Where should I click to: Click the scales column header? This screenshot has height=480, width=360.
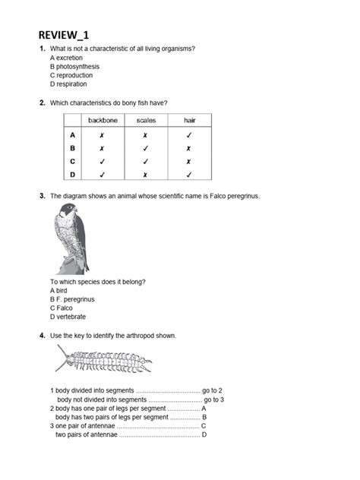[146, 120]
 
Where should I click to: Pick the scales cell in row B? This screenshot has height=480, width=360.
[146, 148]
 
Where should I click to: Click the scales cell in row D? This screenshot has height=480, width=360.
[146, 175]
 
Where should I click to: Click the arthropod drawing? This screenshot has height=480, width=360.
[106, 362]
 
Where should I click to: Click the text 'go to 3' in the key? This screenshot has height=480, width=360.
[214, 399]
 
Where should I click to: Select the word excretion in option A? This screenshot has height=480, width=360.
[70, 58]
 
